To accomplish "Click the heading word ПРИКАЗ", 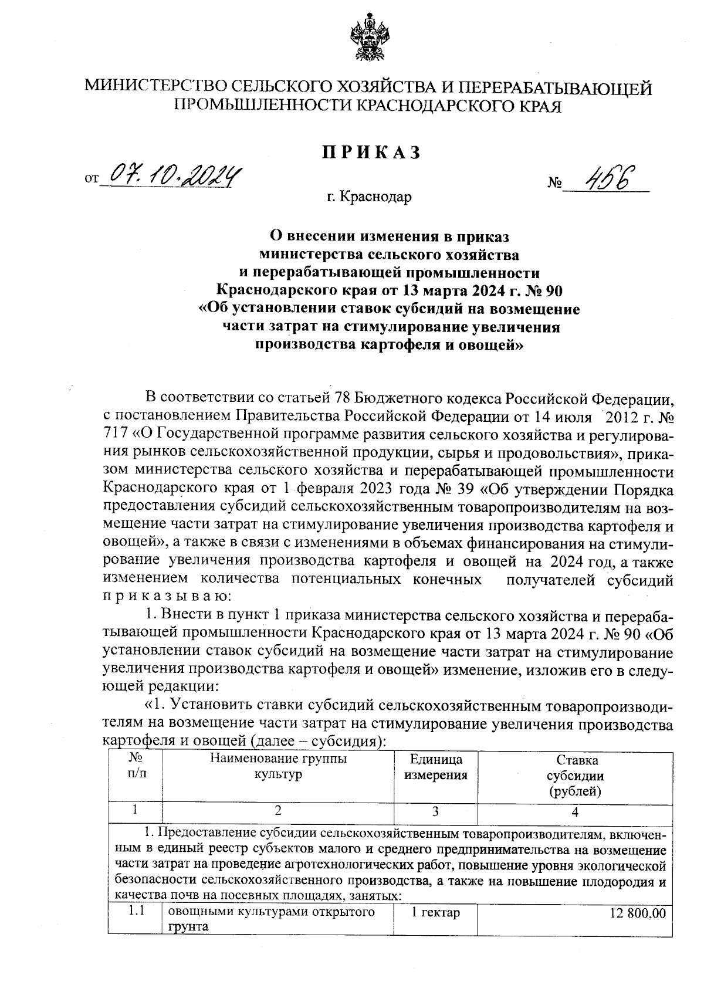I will point(371,153).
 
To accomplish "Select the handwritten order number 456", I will point(606,177).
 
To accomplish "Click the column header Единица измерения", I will point(436,767).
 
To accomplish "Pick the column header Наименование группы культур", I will point(278,767).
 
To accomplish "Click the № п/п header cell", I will point(136,767).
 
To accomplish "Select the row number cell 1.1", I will point(136,912).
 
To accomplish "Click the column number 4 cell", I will point(575,812).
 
